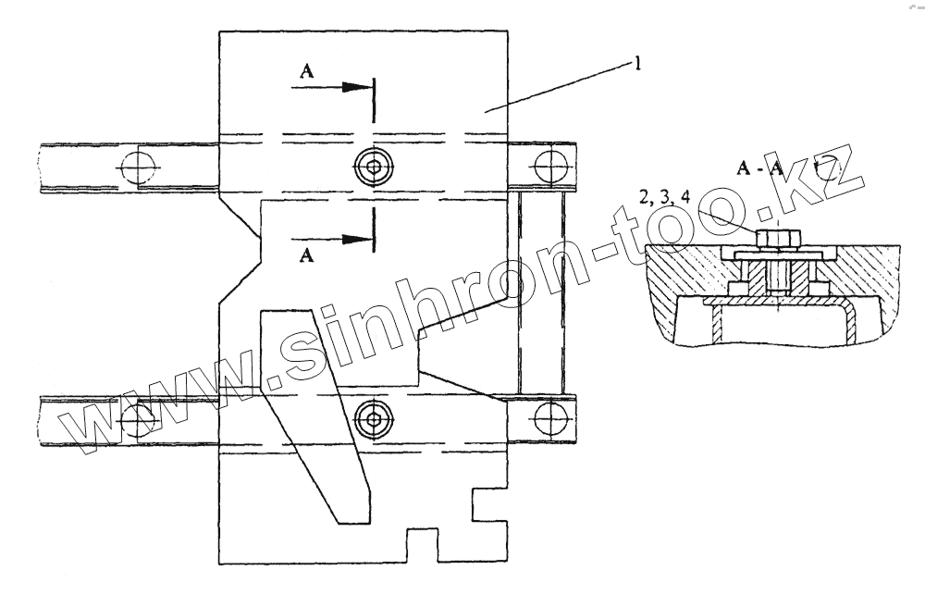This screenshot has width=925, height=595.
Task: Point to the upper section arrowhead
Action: click(x=356, y=87)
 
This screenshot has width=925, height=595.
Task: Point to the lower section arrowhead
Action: click(x=356, y=239)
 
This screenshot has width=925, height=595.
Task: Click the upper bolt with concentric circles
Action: click(x=373, y=167)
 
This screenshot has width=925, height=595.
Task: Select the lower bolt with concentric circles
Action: click(x=373, y=418)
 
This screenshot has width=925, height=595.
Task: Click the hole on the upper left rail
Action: click(x=138, y=167)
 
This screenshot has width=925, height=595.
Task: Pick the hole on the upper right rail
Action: click(x=551, y=167)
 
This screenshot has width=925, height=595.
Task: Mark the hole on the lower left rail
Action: click(x=138, y=418)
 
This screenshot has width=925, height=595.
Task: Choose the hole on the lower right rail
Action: click(x=551, y=418)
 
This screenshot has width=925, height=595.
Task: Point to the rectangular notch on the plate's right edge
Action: click(x=492, y=505)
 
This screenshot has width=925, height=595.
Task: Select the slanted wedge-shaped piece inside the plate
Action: click(x=314, y=407)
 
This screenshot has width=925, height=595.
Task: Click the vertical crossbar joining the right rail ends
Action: click(x=539, y=292)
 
